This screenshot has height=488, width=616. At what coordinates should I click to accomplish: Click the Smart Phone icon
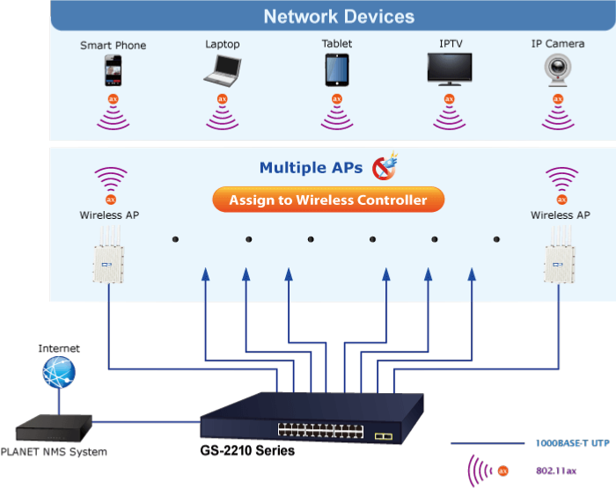pos(114,70)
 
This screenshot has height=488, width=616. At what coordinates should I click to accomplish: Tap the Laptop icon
pos(223,70)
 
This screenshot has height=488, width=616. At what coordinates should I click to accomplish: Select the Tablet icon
pos(337,69)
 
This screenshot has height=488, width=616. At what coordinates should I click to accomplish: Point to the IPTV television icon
pos(450,69)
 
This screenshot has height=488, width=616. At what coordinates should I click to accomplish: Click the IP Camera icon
pos(558,69)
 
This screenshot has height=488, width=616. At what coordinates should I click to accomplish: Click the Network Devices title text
pos(339,17)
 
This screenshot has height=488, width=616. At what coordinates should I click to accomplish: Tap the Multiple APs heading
pos(311,168)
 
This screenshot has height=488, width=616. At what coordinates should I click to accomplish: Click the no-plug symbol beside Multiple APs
pos(385,166)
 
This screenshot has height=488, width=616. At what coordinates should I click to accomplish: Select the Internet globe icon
pos(59,372)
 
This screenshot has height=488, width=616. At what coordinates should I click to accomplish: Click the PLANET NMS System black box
pos(54,428)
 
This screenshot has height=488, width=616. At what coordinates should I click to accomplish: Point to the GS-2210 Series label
pos(247,450)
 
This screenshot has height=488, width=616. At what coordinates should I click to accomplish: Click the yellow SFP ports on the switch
pos(384,436)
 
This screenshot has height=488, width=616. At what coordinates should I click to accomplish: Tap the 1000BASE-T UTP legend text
pos(572,443)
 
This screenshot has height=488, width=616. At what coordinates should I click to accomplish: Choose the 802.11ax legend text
pos(556,470)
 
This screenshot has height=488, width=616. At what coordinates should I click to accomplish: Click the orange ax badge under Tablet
pos(337,99)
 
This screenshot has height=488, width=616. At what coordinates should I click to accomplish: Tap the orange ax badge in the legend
pos(503,470)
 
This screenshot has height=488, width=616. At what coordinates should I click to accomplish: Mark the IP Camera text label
pos(558,44)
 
